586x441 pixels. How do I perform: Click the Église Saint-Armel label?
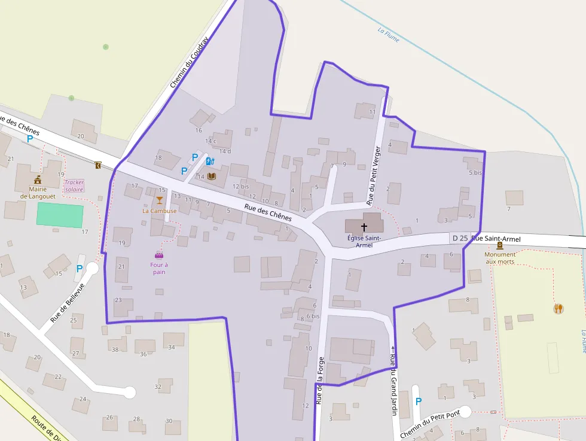click(x=364, y=241)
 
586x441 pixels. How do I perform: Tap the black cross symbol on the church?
click(x=364, y=227)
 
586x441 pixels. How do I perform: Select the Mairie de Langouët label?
click(x=37, y=192)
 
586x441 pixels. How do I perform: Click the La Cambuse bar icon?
click(x=159, y=200)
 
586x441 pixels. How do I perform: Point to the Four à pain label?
click(x=158, y=268)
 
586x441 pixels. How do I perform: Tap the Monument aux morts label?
click(x=499, y=258)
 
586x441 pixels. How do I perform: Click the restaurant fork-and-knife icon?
click(x=558, y=308)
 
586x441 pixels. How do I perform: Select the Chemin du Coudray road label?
click(x=189, y=62)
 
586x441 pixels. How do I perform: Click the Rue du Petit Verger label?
click(x=373, y=174)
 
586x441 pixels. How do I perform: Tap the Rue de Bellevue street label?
click(x=68, y=303)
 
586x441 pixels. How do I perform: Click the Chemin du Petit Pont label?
click(x=429, y=425)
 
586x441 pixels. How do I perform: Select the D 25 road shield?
click(x=460, y=238)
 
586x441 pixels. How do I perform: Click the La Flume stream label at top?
click(x=389, y=35)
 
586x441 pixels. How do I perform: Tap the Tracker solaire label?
click(x=74, y=185)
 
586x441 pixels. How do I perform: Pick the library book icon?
click(x=211, y=176)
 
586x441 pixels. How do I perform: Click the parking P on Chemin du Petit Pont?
click(x=418, y=402)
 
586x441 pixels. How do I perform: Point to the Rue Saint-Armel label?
click(x=496, y=239)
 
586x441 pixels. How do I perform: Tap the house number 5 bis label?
click(x=475, y=172)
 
